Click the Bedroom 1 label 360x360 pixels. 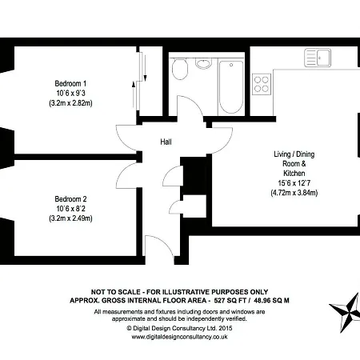pos(70,83)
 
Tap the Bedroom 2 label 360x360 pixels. pos(70,198)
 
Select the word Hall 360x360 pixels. pos(166,142)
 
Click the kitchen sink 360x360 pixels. pos(320,58)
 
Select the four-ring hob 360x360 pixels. pos(262,81)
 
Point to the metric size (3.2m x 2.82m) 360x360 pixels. pos(70,103)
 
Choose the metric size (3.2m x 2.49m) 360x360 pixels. pos(70,218)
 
